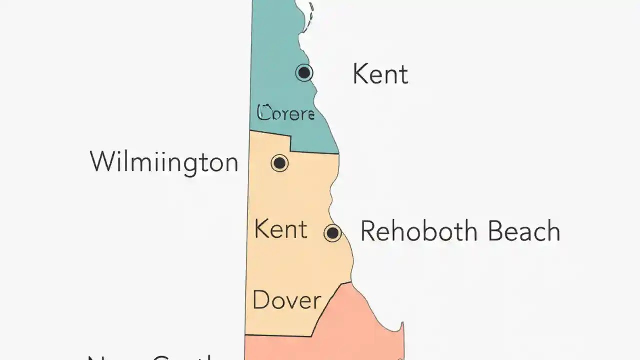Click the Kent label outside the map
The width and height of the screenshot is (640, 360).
[x=380, y=74]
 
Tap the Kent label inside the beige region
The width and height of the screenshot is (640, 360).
[x=280, y=229]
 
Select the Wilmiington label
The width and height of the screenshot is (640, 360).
[x=164, y=162]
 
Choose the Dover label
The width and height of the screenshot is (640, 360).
[x=287, y=300]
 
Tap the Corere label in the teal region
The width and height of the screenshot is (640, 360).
[x=286, y=113]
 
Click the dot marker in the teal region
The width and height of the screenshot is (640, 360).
[x=304, y=73]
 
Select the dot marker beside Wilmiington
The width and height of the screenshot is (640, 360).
[x=279, y=163]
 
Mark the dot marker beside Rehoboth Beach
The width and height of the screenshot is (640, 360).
[x=332, y=233]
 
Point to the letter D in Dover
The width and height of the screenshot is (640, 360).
[x=262, y=300]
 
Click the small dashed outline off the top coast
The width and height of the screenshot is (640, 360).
[x=311, y=17]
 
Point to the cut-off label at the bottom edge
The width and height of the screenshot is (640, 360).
[x=150, y=356]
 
